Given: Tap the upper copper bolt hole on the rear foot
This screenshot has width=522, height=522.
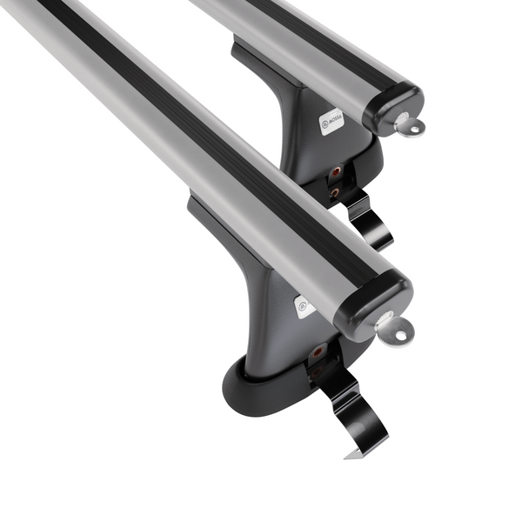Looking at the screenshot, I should click(x=335, y=171).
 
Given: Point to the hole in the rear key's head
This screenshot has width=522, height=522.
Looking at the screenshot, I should click(x=413, y=130).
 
